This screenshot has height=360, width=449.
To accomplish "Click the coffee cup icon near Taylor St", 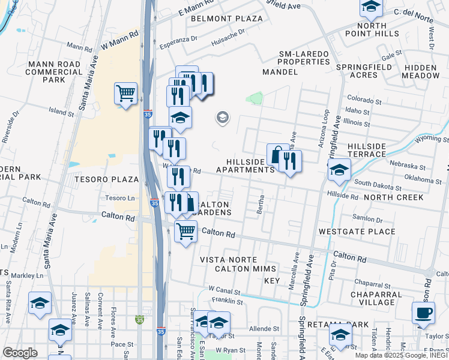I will tap(423, 312).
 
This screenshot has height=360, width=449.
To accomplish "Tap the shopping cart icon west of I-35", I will tap(125, 93).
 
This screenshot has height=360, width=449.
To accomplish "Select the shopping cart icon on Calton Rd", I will tap(185, 231).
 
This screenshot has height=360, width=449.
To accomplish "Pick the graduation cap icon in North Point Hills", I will tap(371, 7).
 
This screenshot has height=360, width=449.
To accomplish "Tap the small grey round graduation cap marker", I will tap(222, 118).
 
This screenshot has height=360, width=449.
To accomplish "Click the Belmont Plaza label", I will tap(227, 19).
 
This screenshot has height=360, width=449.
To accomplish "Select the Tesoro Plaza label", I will tap(107, 179).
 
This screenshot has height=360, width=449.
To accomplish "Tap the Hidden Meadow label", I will tap(421, 71).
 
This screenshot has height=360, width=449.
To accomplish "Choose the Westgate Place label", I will tap(357, 232).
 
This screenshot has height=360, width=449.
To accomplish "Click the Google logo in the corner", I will tap(19, 353).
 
